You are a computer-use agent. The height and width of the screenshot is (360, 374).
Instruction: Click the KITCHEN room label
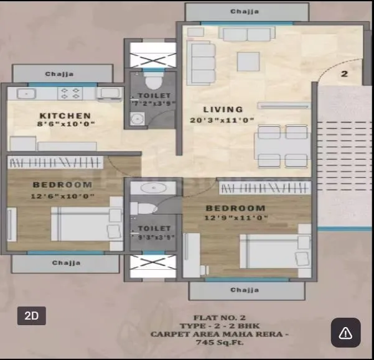pos(65,116)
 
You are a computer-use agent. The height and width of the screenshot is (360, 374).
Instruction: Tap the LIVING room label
pos(223,109)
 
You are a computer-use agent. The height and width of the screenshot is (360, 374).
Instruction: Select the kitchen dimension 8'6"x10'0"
pos(65,124)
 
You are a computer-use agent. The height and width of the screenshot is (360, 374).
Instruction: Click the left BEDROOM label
pos(62,185)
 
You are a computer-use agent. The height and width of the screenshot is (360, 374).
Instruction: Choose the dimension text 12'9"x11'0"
pos(236,218)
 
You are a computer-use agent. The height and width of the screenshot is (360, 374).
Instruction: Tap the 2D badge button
pos(31,315)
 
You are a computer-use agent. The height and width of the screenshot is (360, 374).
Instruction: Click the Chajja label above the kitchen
pos(59,74)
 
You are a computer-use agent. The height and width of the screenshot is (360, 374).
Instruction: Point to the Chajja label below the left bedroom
pos(65,263)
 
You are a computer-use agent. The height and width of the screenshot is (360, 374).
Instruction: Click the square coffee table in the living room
pos(248,61)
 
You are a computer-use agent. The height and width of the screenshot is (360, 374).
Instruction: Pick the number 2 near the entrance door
pos(344,74)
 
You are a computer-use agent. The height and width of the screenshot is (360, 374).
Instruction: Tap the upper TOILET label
pos(151,96)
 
